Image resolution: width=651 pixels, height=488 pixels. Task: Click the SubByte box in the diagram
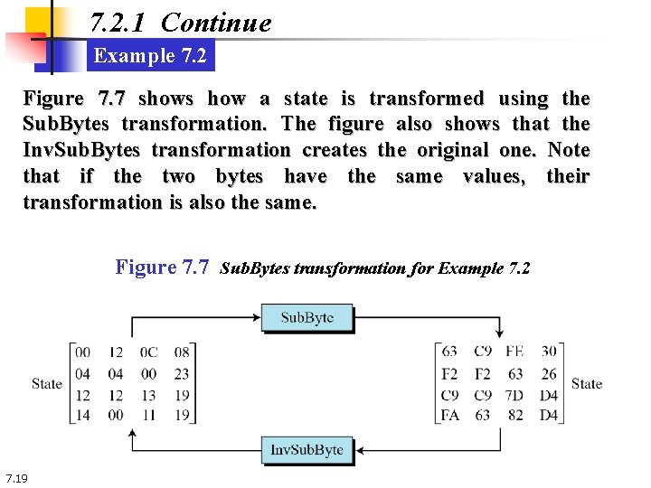(x=307, y=317)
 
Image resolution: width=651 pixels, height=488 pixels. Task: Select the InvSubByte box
(x=307, y=449)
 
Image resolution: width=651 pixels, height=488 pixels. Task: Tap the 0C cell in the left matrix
(x=149, y=352)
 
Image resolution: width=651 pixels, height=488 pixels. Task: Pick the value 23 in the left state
(x=182, y=373)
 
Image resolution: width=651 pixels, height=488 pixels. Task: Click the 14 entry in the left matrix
(x=82, y=416)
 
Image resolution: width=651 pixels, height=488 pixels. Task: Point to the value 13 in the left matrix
(x=149, y=395)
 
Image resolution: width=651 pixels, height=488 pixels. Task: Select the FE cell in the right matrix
(x=514, y=352)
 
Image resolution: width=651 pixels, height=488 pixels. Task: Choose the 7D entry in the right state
(x=514, y=395)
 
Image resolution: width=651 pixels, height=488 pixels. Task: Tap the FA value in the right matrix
(x=448, y=416)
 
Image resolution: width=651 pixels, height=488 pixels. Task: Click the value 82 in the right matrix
(x=514, y=416)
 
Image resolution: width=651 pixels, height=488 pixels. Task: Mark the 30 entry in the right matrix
(x=548, y=352)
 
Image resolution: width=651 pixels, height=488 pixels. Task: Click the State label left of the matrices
(x=46, y=383)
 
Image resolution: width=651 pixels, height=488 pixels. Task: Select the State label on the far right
(x=586, y=383)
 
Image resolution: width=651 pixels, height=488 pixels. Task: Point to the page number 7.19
(x=16, y=477)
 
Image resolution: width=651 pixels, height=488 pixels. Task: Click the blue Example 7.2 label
(x=150, y=56)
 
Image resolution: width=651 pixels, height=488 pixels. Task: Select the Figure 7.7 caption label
(x=163, y=267)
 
